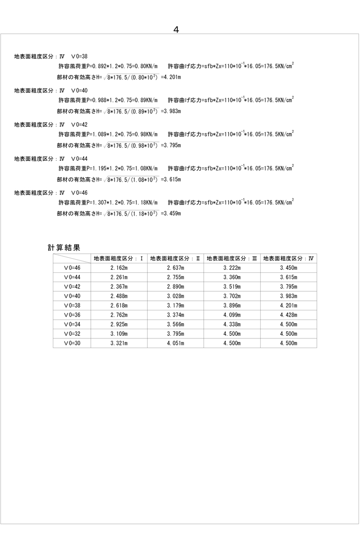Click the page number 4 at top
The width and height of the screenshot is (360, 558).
click(x=176, y=29)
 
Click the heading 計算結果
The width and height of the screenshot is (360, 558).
click(x=64, y=248)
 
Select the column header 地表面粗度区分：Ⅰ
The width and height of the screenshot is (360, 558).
click(x=119, y=258)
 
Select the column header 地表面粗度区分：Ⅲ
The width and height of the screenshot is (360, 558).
click(x=232, y=258)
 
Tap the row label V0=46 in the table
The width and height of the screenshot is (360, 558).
click(x=72, y=268)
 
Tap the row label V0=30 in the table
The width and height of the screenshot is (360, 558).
click(x=72, y=343)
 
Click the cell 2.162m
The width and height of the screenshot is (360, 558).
click(x=119, y=268)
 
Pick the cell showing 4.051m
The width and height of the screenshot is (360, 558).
click(x=175, y=343)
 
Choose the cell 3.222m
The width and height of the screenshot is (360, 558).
click(x=232, y=268)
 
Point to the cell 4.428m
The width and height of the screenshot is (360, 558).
click(x=289, y=315)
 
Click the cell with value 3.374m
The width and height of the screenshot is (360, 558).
click(x=175, y=315)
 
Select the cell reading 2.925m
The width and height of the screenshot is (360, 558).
click(x=119, y=325)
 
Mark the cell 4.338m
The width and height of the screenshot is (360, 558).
click(x=232, y=325)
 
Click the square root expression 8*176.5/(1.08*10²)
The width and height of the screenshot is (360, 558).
click(x=132, y=179)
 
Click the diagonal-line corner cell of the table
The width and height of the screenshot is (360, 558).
click(x=72, y=258)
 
